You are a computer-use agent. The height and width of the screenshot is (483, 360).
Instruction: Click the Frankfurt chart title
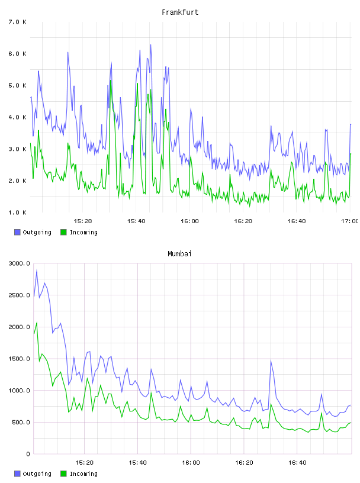pyautogui.click(x=180, y=12)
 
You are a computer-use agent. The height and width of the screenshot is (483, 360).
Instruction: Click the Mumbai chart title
pyautogui.click(x=179, y=253)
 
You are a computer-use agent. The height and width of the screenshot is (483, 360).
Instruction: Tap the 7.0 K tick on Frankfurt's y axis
pyautogui.click(x=18, y=22)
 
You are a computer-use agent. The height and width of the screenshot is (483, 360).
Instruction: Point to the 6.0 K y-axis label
pyautogui.click(x=18, y=54)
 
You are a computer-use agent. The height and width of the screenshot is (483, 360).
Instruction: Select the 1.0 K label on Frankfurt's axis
pyautogui.click(x=18, y=212)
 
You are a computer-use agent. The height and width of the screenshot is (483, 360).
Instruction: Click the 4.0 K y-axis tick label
pyautogui.click(x=18, y=117)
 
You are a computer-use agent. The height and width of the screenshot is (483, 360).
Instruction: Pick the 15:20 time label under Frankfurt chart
pyautogui.click(x=83, y=221)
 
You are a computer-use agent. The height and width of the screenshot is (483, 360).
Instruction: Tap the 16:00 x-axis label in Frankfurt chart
pyautogui.click(x=189, y=221)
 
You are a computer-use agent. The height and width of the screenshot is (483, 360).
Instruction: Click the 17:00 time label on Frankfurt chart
pyautogui.click(x=350, y=221)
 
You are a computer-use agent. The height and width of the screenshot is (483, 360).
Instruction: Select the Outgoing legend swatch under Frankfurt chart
pyautogui.click(x=17, y=232)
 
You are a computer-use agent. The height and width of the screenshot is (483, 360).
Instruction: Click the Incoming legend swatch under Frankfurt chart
pyautogui.click(x=63, y=232)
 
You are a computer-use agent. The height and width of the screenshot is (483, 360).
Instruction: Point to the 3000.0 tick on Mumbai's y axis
pyautogui.click(x=20, y=263)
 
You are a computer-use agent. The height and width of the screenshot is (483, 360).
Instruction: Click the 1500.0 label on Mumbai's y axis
pyautogui.click(x=20, y=359)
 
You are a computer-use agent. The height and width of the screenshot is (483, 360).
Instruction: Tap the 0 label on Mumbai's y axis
pyautogui.click(x=28, y=454)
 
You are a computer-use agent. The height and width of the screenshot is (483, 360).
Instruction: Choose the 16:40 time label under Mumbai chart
pyautogui.click(x=297, y=462)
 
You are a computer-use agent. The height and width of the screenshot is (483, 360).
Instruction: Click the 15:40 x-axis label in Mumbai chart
pyautogui.click(x=137, y=462)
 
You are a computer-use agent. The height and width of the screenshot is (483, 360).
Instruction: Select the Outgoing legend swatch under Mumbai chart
pyautogui.click(x=17, y=474)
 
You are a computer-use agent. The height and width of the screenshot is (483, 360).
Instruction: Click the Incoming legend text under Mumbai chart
pyautogui.click(x=83, y=474)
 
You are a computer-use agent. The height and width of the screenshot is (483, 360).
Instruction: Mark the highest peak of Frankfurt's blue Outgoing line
pyautogui.click(x=151, y=45)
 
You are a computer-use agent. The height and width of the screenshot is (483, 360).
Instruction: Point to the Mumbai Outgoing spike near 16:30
pyautogui.click(x=271, y=360)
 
